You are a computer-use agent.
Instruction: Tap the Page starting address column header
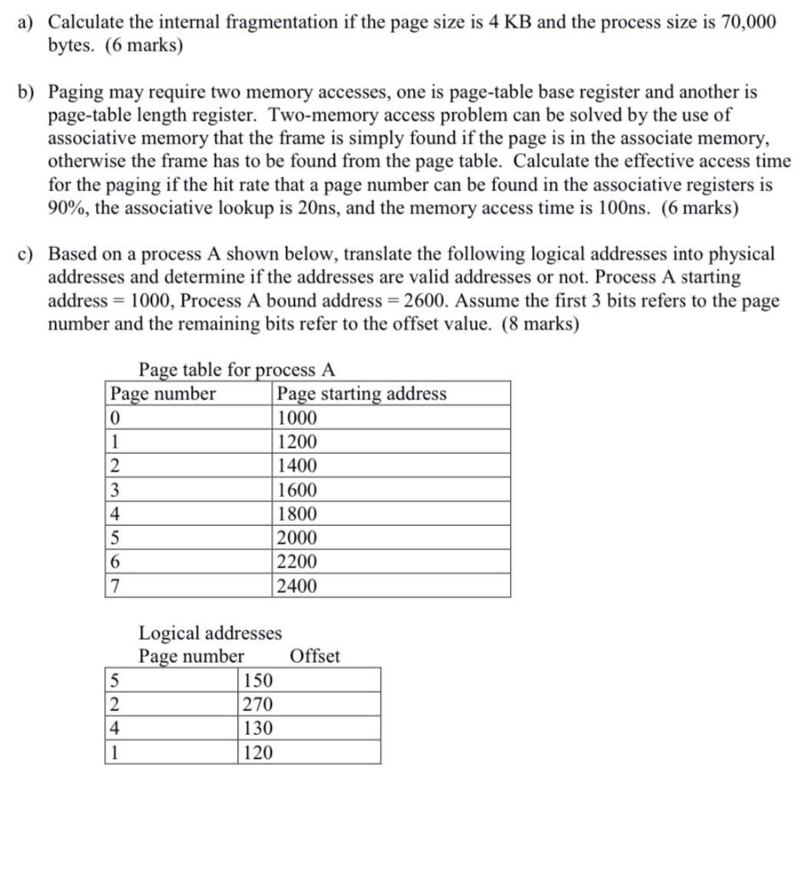(362, 393)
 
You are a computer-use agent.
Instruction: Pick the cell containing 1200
(297, 442)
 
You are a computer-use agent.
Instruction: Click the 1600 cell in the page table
(297, 490)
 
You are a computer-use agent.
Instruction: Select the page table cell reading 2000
(297, 538)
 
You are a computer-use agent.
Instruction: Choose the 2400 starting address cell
(297, 585)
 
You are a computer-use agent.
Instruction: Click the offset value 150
(258, 681)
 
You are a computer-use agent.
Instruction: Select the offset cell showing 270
(258, 704)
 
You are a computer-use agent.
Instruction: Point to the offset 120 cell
(258, 753)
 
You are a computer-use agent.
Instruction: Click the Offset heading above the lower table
(314, 656)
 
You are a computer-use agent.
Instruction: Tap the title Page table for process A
(237, 370)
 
